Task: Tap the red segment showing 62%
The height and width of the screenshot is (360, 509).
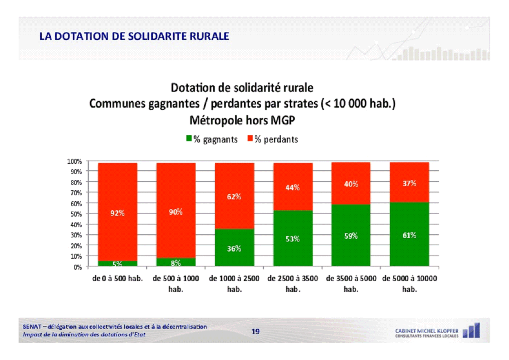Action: pyautogui.click(x=234, y=196)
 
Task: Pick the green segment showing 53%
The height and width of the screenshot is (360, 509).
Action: pyautogui.click(x=293, y=238)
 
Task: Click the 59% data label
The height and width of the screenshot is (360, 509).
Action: pyautogui.click(x=351, y=236)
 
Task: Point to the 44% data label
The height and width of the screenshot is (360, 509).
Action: pyautogui.click(x=293, y=187)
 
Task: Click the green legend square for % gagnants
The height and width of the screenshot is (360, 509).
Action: pyautogui.click(x=189, y=139)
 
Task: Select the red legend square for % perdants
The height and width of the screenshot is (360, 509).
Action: pyautogui.click(x=250, y=139)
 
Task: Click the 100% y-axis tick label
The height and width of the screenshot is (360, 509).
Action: pyautogui.click(x=74, y=161)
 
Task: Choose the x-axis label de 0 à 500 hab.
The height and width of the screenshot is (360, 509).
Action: pyautogui.click(x=117, y=278)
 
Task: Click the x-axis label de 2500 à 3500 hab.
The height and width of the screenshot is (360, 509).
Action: pyautogui.click(x=293, y=283)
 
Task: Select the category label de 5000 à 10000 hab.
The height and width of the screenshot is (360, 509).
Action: pyautogui.click(x=409, y=283)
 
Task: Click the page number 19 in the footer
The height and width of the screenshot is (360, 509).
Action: pyautogui.click(x=255, y=331)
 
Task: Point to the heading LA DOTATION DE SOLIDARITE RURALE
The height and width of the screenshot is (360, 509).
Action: pyautogui.click(x=134, y=36)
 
